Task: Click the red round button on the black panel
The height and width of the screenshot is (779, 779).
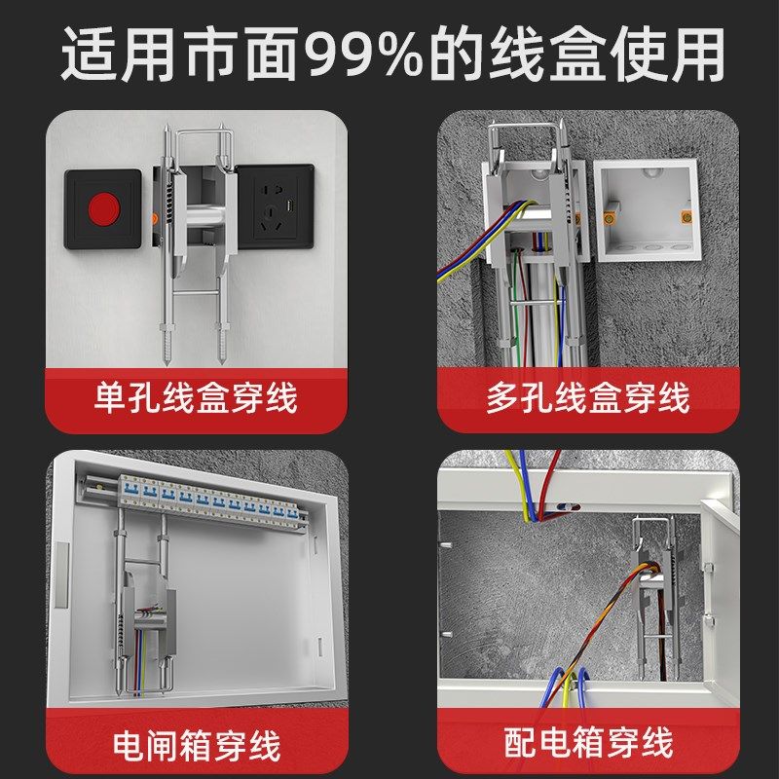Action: pyautogui.click(x=102, y=209)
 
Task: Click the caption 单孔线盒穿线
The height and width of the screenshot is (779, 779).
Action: pyautogui.click(x=195, y=398)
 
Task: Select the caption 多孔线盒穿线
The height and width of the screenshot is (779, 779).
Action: pyautogui.click(x=587, y=398)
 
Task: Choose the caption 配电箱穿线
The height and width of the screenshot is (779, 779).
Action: pyautogui.click(x=588, y=744)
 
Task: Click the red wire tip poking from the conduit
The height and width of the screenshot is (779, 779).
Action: pyautogui.click(x=568, y=508)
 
